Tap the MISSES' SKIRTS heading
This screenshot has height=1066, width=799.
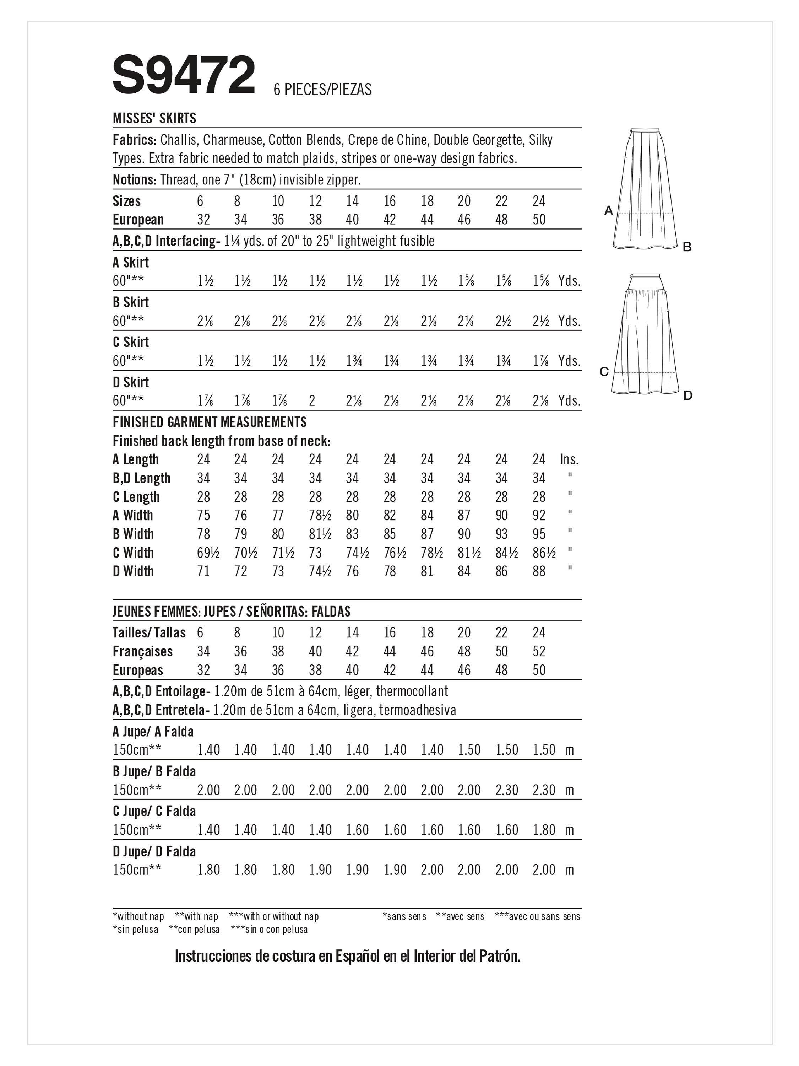point(154,118)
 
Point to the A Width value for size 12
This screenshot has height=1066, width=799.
point(320,516)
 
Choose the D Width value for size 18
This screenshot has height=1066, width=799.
point(427,571)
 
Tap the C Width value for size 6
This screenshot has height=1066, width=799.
point(208,553)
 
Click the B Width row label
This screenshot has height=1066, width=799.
point(133,534)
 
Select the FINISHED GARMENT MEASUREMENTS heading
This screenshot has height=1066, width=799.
point(210,422)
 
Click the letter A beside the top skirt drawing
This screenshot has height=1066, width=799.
point(609,211)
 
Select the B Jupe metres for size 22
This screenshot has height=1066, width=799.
point(507,790)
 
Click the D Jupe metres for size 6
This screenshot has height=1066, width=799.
point(208,870)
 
